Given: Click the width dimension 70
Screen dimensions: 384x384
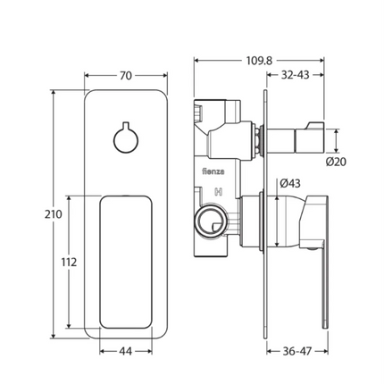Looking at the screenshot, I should coord(127,76).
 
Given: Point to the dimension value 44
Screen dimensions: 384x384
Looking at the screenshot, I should coord(126,352).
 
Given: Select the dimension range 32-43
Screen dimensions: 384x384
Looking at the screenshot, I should coord(311,77).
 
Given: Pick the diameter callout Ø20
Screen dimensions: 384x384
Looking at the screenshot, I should coord(336,162).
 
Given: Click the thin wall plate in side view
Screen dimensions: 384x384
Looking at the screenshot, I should coord(264,214).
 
